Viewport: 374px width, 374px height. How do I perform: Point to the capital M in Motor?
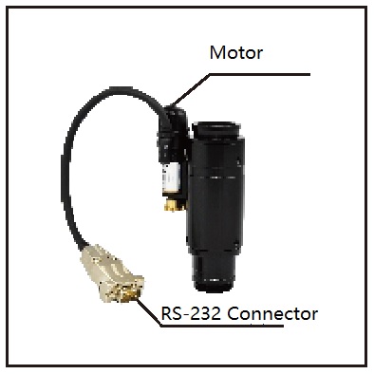217,52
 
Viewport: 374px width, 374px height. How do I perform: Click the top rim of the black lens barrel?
221,126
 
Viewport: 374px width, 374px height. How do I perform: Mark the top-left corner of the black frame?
7,7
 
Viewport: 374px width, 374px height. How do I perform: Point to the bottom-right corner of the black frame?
366,366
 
